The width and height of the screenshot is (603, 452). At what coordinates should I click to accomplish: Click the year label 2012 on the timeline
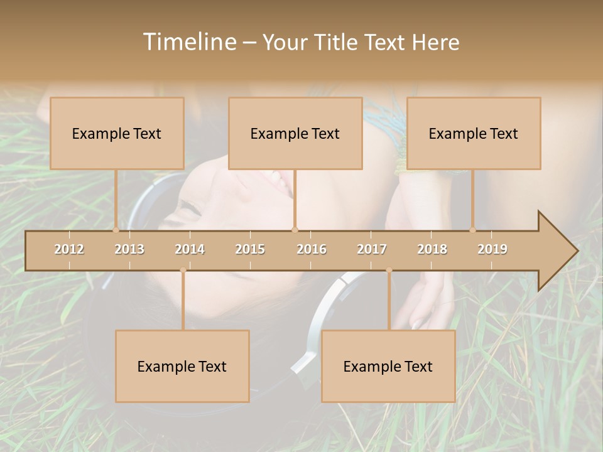tap(69, 249)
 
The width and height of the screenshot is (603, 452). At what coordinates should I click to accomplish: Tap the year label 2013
tap(129, 249)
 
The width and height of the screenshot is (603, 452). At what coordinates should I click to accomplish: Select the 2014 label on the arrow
tap(190, 249)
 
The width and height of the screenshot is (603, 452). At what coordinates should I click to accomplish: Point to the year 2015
tap(250, 249)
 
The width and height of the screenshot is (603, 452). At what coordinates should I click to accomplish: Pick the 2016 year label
tap(312, 249)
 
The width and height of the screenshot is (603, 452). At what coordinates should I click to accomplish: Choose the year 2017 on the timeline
tap(372, 249)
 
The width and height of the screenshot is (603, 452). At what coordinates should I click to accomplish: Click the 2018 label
tap(432, 249)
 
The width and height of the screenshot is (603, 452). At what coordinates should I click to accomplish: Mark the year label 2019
tap(492, 249)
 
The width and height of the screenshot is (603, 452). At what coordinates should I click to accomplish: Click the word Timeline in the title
tap(188, 42)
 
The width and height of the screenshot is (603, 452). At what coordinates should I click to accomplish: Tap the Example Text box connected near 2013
tap(117, 133)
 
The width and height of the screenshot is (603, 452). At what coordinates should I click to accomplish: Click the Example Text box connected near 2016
tap(295, 133)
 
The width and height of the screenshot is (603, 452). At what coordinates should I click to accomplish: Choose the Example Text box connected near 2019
tap(474, 133)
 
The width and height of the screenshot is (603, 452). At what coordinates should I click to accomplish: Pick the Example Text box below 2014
tap(182, 366)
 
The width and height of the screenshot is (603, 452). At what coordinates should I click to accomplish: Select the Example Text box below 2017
tap(388, 366)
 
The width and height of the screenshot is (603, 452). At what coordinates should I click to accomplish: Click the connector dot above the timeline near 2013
tap(116, 230)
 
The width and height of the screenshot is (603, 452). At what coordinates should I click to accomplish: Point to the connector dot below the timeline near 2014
tap(183, 271)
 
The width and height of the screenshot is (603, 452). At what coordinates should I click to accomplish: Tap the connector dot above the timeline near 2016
tap(295, 230)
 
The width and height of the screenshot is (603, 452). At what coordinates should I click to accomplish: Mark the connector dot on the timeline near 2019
tap(473, 230)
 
